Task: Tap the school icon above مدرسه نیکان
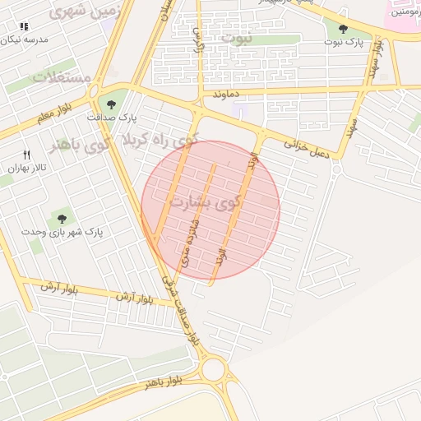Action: click(22, 26)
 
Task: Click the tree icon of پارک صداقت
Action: click(112, 104)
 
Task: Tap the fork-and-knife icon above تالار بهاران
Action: click(26, 155)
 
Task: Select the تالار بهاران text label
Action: click(25, 168)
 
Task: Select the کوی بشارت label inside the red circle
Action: click(206, 200)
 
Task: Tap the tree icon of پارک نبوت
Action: click(343, 29)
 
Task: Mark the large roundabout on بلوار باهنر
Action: click(215, 369)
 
